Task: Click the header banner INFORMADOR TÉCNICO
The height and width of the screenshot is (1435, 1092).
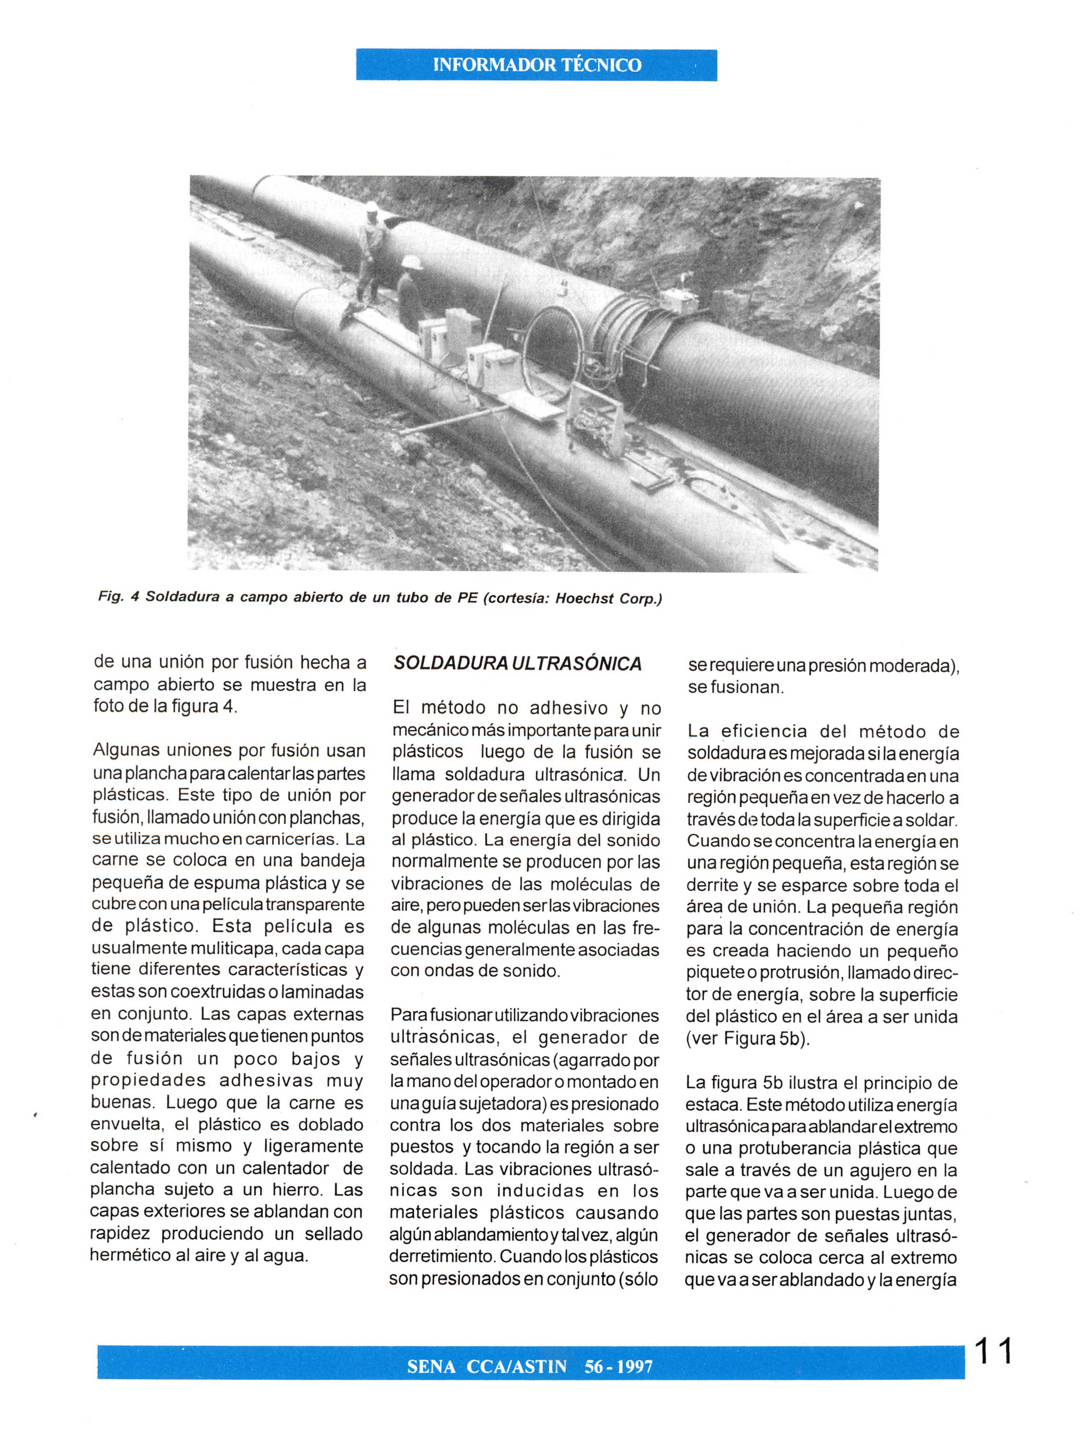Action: [x=536, y=65]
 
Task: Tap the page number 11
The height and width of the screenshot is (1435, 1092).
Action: [x=993, y=1351]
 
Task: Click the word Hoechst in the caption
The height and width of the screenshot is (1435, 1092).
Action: [x=584, y=598]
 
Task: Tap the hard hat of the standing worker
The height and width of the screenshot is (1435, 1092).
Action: [x=371, y=207]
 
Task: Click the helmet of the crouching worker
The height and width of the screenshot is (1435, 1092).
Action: [x=411, y=261]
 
